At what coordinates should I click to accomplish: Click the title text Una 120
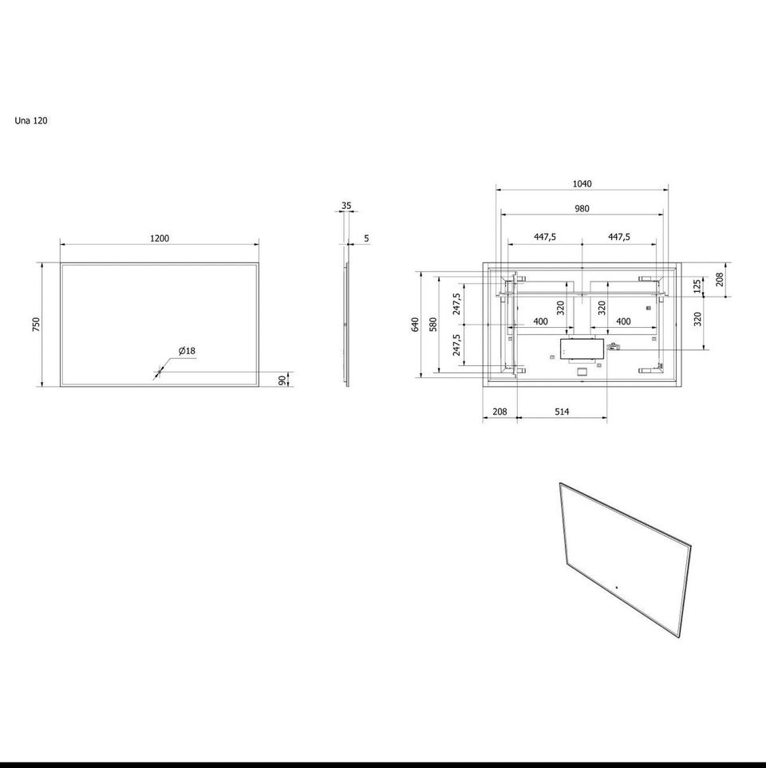(x=31, y=120)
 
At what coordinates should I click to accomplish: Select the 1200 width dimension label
(x=160, y=238)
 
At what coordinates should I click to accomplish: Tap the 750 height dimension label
(x=36, y=325)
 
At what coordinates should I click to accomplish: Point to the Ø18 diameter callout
(x=187, y=351)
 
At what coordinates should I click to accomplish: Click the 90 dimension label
(x=282, y=380)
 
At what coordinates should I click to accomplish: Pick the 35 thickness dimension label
(x=346, y=206)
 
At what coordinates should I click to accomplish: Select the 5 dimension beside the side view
(x=366, y=238)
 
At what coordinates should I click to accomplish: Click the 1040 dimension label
(x=582, y=183)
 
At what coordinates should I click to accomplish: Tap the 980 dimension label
(x=582, y=209)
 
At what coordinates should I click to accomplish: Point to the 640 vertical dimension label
(x=416, y=325)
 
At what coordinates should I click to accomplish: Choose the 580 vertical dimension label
(x=432, y=325)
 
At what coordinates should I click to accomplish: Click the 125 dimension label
(x=698, y=286)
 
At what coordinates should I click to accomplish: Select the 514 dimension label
(x=562, y=412)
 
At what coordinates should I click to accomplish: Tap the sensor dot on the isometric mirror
(x=617, y=587)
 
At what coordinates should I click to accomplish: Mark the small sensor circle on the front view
(x=158, y=373)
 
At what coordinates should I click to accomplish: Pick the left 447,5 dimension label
(x=545, y=237)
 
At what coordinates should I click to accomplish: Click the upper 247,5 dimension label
(x=456, y=304)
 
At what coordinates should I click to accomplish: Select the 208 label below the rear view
(x=499, y=412)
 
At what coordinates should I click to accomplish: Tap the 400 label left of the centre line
(x=540, y=322)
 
